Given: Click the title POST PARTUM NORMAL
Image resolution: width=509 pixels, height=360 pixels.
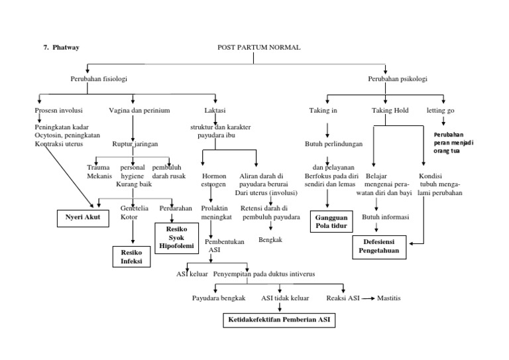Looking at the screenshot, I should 258,48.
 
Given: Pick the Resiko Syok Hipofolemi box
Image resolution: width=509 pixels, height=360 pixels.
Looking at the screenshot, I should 175,235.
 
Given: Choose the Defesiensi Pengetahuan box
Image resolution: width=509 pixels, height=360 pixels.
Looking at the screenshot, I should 380,247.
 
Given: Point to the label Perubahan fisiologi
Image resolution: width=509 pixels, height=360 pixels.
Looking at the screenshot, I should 99,79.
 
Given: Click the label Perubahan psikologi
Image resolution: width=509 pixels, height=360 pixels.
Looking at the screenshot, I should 398,79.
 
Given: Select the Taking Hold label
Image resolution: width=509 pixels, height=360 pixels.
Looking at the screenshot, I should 390,110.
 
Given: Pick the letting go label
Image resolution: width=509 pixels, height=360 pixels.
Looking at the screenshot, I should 441,110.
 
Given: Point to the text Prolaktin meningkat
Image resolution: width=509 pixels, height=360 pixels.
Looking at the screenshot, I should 211,212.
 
